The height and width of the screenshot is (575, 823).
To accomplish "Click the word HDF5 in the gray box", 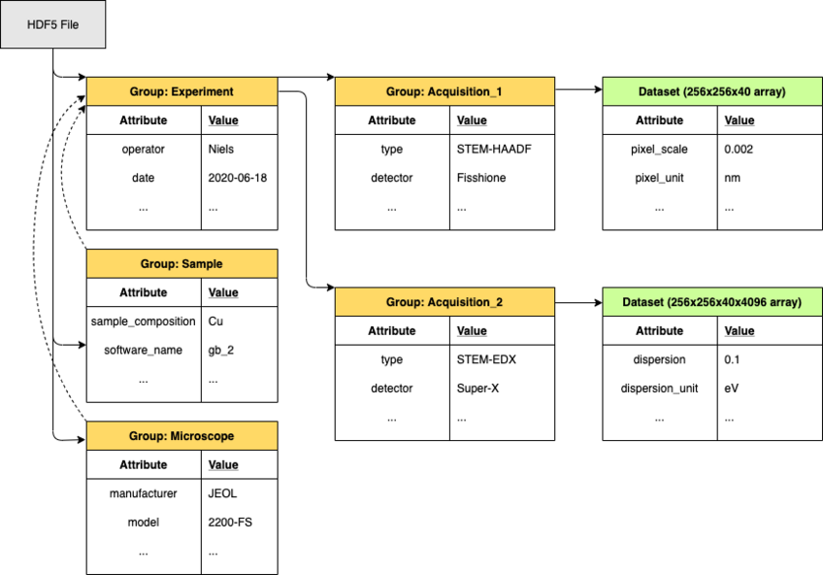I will (x=42, y=24).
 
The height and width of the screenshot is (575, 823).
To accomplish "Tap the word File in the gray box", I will (x=69, y=24).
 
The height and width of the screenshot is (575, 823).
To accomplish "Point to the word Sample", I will (x=201, y=264).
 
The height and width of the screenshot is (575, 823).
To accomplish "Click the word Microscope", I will (x=202, y=437).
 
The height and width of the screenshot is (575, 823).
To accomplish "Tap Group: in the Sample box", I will (x=158, y=264).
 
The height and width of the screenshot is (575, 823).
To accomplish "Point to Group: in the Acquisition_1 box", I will (x=405, y=92).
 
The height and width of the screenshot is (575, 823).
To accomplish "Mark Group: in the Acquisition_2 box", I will (x=405, y=303).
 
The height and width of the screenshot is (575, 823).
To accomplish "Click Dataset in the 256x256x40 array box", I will (x=660, y=92).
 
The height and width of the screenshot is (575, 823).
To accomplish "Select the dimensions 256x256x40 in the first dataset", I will (x=721, y=92).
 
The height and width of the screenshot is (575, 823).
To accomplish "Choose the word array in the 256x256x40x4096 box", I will (x=784, y=303).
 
